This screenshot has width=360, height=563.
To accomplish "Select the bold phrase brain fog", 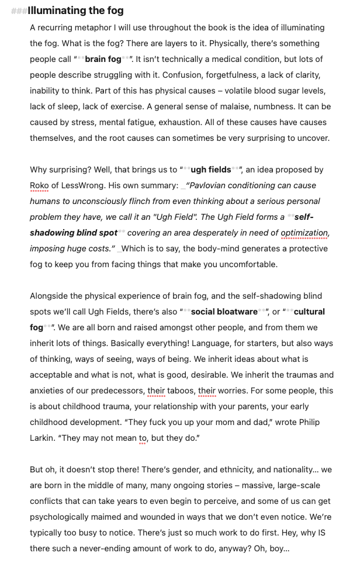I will click(103, 59).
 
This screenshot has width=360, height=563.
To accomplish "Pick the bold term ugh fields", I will click(211, 170).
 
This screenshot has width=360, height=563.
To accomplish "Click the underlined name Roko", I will click(39, 185).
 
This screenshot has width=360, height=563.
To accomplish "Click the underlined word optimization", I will click(305, 233).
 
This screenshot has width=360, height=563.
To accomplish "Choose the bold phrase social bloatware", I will click(224, 312).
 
